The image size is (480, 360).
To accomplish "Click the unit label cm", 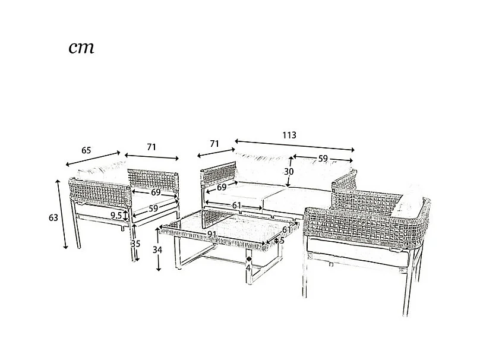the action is click(x=81, y=48).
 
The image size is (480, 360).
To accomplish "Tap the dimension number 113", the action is click(x=289, y=135).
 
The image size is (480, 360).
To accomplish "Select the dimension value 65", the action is click(x=86, y=150).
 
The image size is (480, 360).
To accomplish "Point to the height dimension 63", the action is click(x=53, y=217).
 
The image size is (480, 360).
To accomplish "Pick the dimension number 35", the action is click(x=135, y=244).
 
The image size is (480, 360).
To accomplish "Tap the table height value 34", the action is click(x=157, y=250).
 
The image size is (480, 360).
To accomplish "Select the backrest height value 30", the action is click(x=289, y=171).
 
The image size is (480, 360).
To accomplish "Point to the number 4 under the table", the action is click(x=248, y=267).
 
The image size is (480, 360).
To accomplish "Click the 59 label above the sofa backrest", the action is click(x=323, y=159).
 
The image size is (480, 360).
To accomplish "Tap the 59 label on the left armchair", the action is click(x=153, y=209).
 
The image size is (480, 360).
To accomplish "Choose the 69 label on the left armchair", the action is click(x=155, y=192).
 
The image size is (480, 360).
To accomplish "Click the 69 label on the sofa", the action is click(x=222, y=187).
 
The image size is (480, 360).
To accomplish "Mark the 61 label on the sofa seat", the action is click(x=236, y=205).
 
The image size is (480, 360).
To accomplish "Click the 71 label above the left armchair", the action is click(x=151, y=147).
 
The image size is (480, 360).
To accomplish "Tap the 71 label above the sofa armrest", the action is click(x=214, y=144).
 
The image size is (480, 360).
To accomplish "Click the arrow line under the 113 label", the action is click(x=295, y=146).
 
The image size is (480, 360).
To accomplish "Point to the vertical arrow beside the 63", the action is click(x=62, y=214).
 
